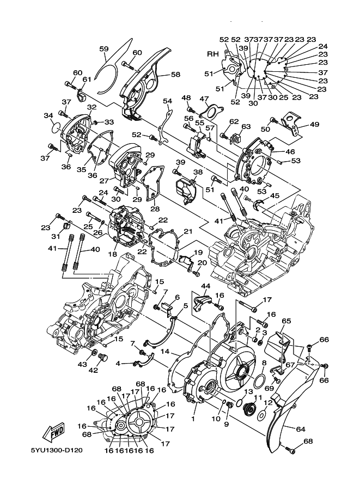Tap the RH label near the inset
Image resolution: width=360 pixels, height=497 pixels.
(x=213, y=54)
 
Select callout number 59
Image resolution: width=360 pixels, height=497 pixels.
(x=104, y=49)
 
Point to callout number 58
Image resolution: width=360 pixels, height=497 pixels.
(x=175, y=74)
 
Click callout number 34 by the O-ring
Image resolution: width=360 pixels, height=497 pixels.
(x=48, y=116)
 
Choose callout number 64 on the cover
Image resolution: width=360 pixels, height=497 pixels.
(x=301, y=429)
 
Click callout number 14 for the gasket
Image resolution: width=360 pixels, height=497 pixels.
(x=165, y=352)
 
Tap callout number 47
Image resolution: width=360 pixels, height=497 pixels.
(x=204, y=99)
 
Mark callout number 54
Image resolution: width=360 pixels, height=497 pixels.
(x=167, y=101)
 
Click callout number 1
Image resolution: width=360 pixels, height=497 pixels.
(x=193, y=419)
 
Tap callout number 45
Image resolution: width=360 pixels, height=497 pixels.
(x=274, y=196)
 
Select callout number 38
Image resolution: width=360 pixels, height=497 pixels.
(x=198, y=172)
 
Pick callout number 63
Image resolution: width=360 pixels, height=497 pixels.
(x=246, y=127)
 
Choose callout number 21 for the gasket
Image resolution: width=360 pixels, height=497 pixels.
(x=188, y=232)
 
